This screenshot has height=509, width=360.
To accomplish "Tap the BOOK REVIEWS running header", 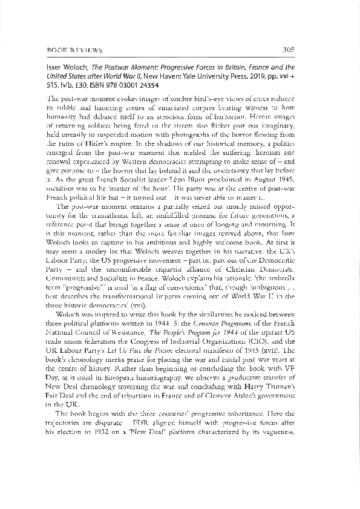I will tap(74, 50).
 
